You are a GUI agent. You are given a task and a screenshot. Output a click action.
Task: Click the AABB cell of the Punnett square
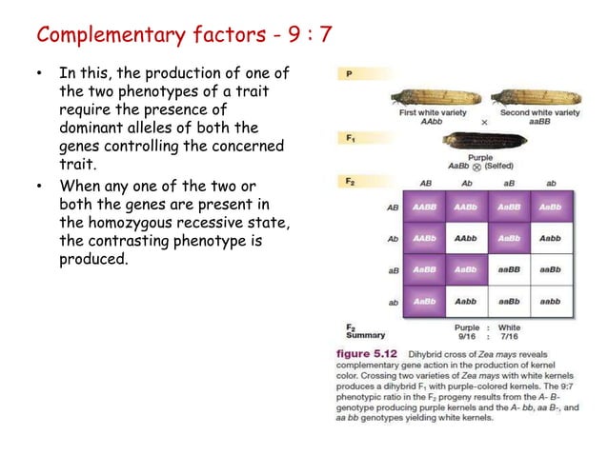pyautogui.click(x=423, y=206)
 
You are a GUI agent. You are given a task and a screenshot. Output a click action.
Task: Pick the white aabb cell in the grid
pyautogui.click(x=550, y=301)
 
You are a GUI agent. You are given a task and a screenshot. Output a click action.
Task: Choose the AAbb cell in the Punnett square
pyautogui.click(x=465, y=238)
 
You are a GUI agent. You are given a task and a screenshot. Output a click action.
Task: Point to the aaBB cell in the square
pyautogui.click(x=508, y=269)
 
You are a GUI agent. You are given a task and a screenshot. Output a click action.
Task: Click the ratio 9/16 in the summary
pyautogui.click(x=467, y=336)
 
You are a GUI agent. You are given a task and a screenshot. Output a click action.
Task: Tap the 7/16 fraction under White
pyautogui.click(x=510, y=336)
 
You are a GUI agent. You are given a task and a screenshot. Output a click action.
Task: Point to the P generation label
pyautogui.click(x=351, y=72)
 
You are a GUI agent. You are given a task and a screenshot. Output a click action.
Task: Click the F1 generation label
pyautogui.click(x=351, y=138)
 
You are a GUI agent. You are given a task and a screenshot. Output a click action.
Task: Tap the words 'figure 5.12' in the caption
pyautogui.click(x=373, y=355)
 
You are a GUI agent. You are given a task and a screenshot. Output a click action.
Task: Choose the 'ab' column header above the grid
pyautogui.click(x=550, y=182)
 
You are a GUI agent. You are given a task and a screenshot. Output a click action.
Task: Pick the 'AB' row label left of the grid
pyautogui.click(x=393, y=207)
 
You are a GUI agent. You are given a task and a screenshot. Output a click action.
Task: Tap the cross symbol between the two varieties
pyautogui.click(x=484, y=123)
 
